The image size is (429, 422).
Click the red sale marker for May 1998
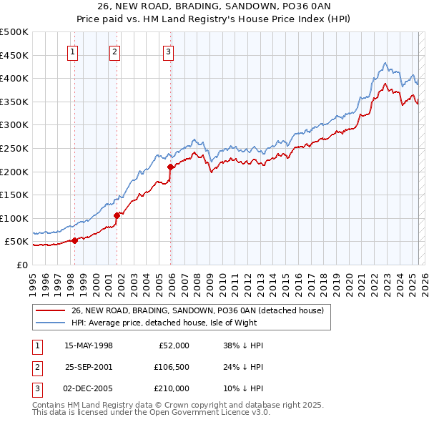pyautogui.click(x=74, y=241)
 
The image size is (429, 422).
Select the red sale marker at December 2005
pyautogui.click(x=170, y=167)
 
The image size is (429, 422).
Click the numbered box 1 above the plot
pyautogui.click(x=74, y=51)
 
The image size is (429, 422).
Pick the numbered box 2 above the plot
pyautogui.click(x=114, y=51)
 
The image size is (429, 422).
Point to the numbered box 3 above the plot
pyautogui.click(x=167, y=51)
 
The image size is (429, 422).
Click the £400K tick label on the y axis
pyautogui.click(x=14, y=79)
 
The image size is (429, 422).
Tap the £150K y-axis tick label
pyautogui.click(x=14, y=195)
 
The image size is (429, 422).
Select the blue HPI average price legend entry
pyautogui.click(x=179, y=323)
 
